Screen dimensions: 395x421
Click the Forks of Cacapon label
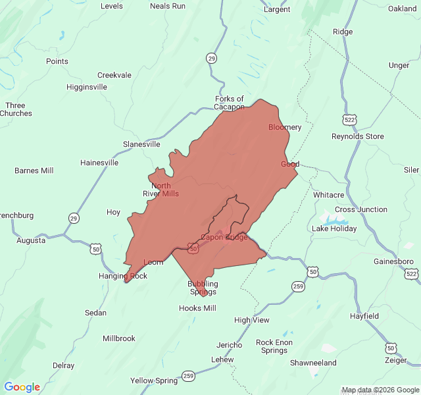click(229, 103)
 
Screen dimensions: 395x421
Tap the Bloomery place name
click(285, 127)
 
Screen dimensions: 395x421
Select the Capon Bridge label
click(224, 237)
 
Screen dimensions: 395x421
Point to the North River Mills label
click(161, 190)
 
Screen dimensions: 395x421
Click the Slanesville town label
click(141, 144)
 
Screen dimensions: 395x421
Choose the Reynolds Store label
click(357, 136)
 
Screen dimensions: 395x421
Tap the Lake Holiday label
click(334, 228)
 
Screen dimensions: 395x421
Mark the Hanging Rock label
click(123, 276)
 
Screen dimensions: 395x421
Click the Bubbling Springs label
click(203, 288)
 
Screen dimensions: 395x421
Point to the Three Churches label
click(15, 109)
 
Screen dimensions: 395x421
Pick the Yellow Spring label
click(154, 381)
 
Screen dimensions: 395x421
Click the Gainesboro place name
click(393, 261)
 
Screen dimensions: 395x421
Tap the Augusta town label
click(31, 240)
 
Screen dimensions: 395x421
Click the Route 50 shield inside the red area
click(193, 248)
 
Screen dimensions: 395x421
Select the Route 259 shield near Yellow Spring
click(189, 375)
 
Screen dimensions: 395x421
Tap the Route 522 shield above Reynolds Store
click(349, 119)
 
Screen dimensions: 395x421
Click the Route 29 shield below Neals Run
click(211, 58)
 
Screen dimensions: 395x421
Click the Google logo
click(22, 387)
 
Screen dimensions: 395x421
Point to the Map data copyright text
click(380, 390)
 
